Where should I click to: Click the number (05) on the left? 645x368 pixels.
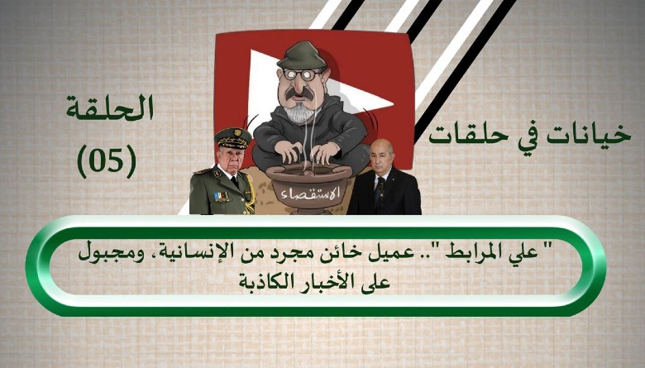click(107, 160)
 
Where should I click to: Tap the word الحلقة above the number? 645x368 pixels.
click(110, 108)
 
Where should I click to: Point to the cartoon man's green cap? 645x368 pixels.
click(303, 55)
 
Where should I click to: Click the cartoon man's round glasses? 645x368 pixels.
click(303, 74)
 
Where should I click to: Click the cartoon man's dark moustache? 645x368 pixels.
click(299, 93)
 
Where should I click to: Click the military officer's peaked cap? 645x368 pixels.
click(233, 138)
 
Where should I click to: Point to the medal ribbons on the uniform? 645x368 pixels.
click(221, 197)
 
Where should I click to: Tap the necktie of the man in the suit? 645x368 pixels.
click(377, 190)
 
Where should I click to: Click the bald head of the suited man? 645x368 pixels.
click(380, 147)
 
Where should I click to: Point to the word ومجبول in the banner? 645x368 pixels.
click(106, 252)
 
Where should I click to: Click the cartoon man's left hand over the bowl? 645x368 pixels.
click(325, 152)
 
